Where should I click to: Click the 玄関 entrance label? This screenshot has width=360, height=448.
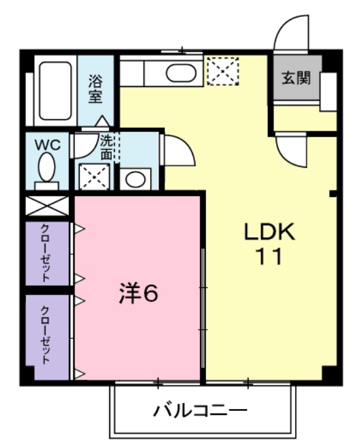(295, 79)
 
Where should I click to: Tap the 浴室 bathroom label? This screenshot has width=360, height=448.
(96, 90)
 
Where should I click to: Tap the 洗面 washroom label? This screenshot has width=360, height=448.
(107, 147)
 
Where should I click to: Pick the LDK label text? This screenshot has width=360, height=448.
(269, 231)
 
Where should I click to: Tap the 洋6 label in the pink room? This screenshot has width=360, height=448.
(138, 294)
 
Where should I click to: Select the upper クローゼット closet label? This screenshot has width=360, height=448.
(46, 254)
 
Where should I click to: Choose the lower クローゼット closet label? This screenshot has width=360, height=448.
(46, 336)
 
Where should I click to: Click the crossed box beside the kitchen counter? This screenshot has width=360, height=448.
(222, 71)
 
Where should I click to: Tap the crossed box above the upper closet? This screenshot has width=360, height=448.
(47, 207)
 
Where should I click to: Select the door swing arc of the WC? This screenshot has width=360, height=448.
(83, 146)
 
